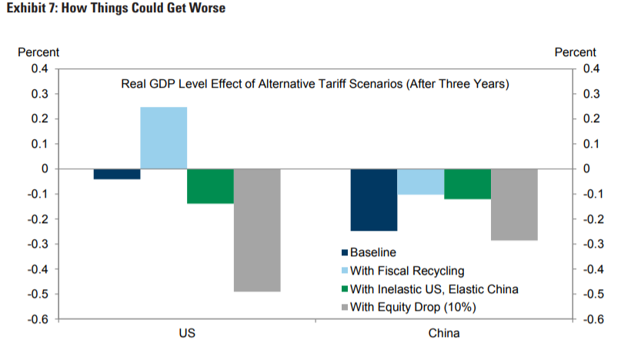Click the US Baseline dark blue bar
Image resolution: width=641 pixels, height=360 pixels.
(x=117, y=174)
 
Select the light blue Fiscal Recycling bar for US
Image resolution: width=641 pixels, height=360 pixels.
(x=163, y=138)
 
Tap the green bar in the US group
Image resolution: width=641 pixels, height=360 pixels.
(x=210, y=186)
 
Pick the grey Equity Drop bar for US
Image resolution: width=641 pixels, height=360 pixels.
(x=257, y=230)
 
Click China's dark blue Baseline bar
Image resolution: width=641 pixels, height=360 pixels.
(x=374, y=199)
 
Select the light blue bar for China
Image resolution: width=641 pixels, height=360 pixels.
(x=421, y=182)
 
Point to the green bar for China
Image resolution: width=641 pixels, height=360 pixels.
(x=467, y=184)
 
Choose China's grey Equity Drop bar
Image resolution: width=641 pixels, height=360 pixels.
(x=514, y=205)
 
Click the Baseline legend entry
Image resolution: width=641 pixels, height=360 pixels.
(x=372, y=252)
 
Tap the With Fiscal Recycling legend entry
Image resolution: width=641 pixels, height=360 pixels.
(x=407, y=271)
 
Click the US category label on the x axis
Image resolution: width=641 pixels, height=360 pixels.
(x=187, y=335)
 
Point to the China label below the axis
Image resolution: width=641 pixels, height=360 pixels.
(x=444, y=335)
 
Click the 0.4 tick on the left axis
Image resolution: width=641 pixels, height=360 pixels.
(x=39, y=68)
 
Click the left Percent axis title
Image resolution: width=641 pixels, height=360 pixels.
(x=38, y=52)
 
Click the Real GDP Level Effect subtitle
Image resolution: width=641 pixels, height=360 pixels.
(x=315, y=84)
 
